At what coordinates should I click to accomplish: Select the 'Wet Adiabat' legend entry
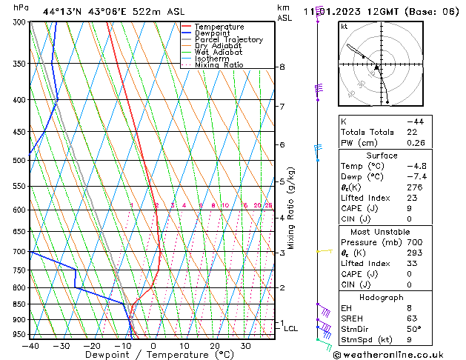tap(219, 52)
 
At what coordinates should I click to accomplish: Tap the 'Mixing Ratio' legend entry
tap(219, 65)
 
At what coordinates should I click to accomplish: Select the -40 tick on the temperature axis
tap(30, 346)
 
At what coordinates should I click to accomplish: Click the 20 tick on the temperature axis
tap(214, 346)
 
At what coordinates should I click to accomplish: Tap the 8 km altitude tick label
tap(282, 67)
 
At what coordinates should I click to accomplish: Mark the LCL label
tap(290, 328)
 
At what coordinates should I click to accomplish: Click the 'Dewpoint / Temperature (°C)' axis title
tap(153, 355)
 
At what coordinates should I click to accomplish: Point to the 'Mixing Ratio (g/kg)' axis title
tap(291, 208)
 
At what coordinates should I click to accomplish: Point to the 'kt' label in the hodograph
tap(344, 26)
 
